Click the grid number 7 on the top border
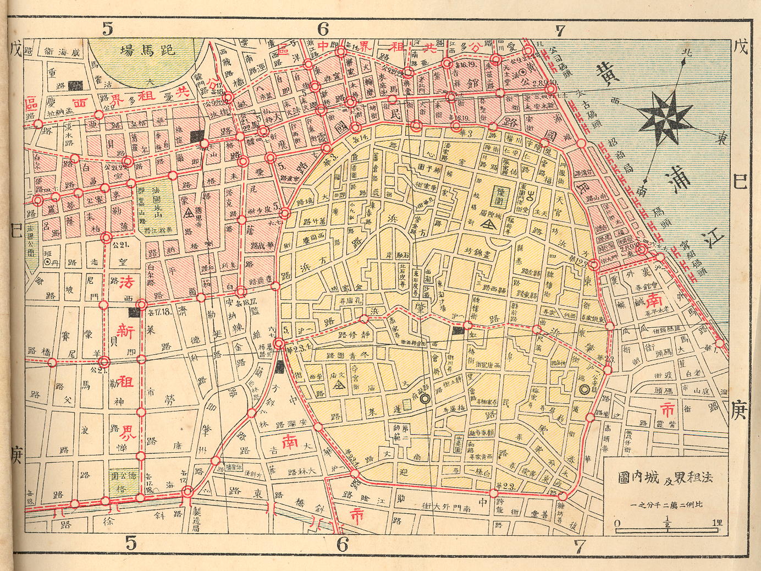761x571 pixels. pyautogui.click(x=560, y=29)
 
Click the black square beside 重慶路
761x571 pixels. pyautogui.click(x=79, y=85)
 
